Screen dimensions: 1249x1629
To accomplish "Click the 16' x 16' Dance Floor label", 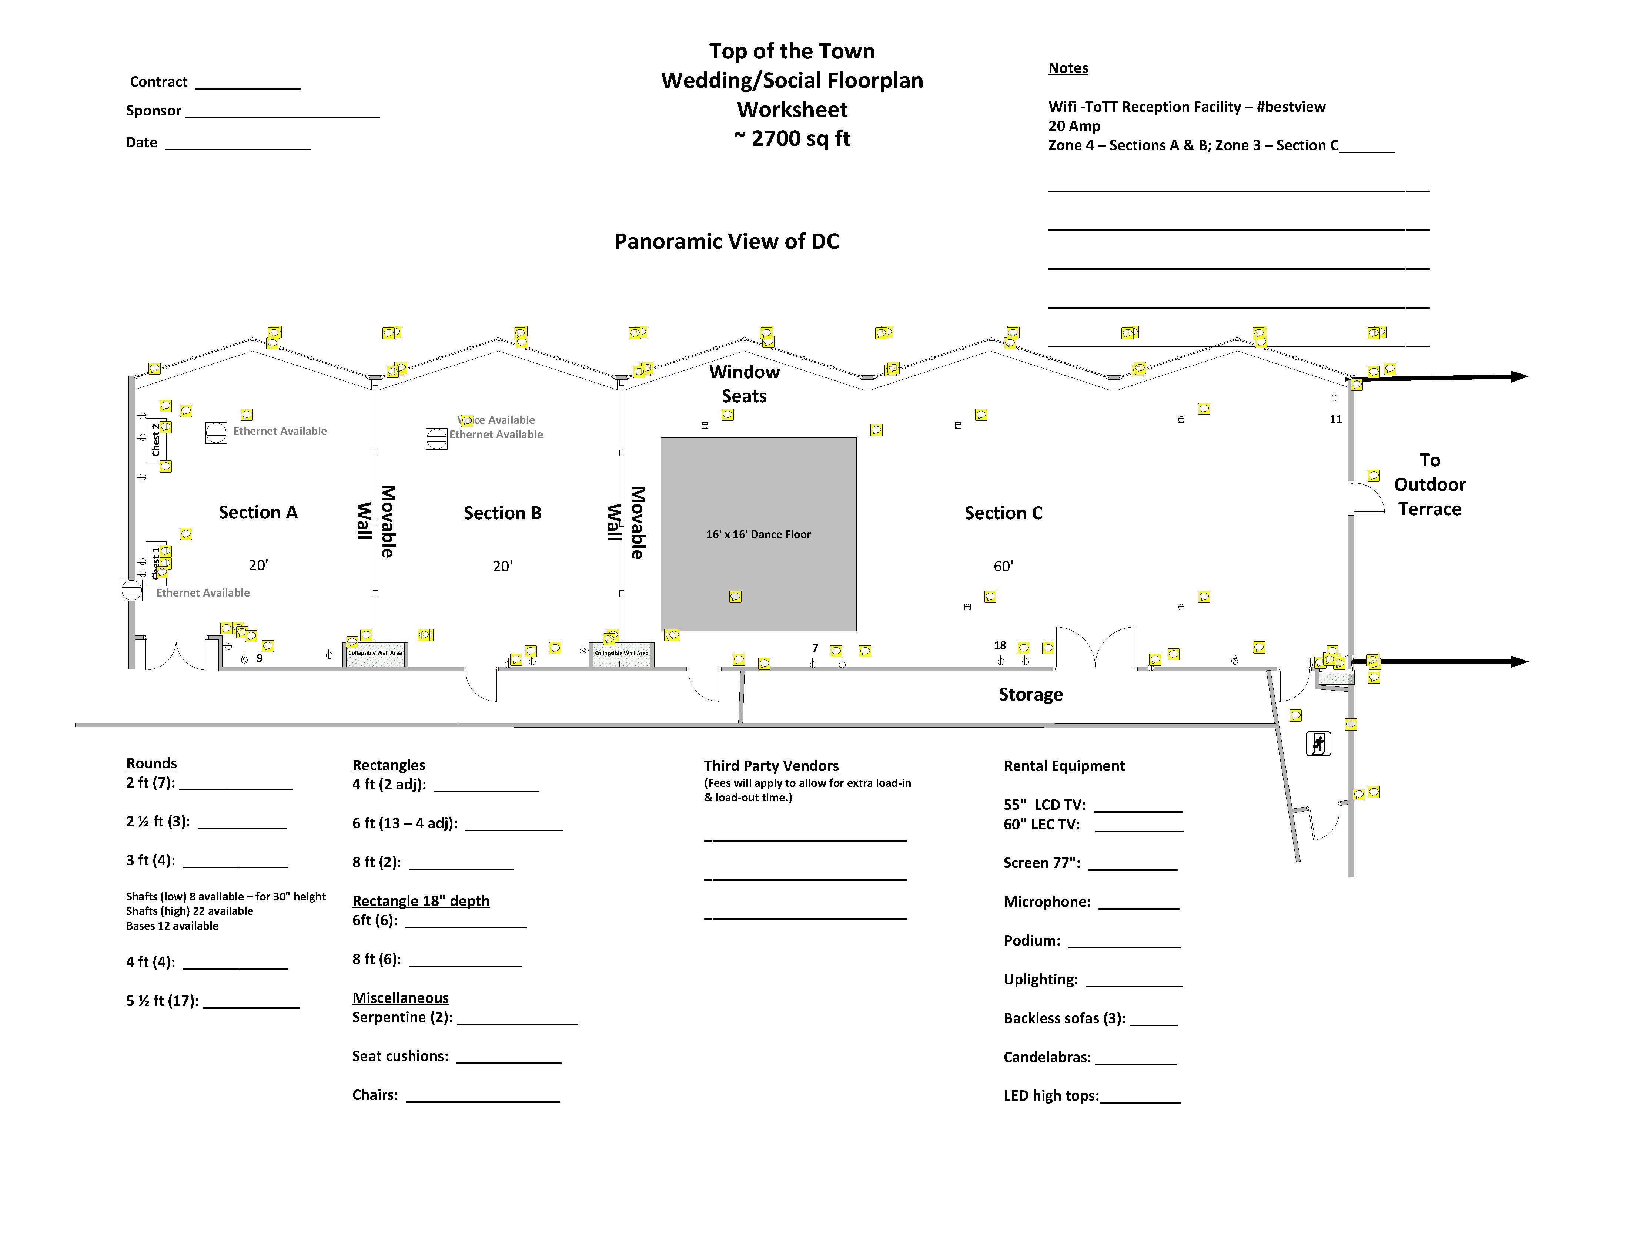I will (x=758, y=534).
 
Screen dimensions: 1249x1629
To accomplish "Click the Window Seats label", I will (x=744, y=384).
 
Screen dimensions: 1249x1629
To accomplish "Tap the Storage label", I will (x=1030, y=694).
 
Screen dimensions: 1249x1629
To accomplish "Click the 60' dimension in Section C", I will (x=1003, y=567).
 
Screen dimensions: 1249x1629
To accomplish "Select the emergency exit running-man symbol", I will (x=1318, y=743).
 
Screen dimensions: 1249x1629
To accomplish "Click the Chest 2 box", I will (x=155, y=440).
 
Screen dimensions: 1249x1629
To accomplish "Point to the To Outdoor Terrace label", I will (x=1429, y=485).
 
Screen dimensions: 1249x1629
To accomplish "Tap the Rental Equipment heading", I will (x=1064, y=766).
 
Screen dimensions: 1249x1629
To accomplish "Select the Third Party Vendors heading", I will (x=771, y=766).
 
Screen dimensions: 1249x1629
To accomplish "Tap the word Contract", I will (x=158, y=82).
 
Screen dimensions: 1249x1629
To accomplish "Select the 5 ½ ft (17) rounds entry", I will (x=162, y=1001).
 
